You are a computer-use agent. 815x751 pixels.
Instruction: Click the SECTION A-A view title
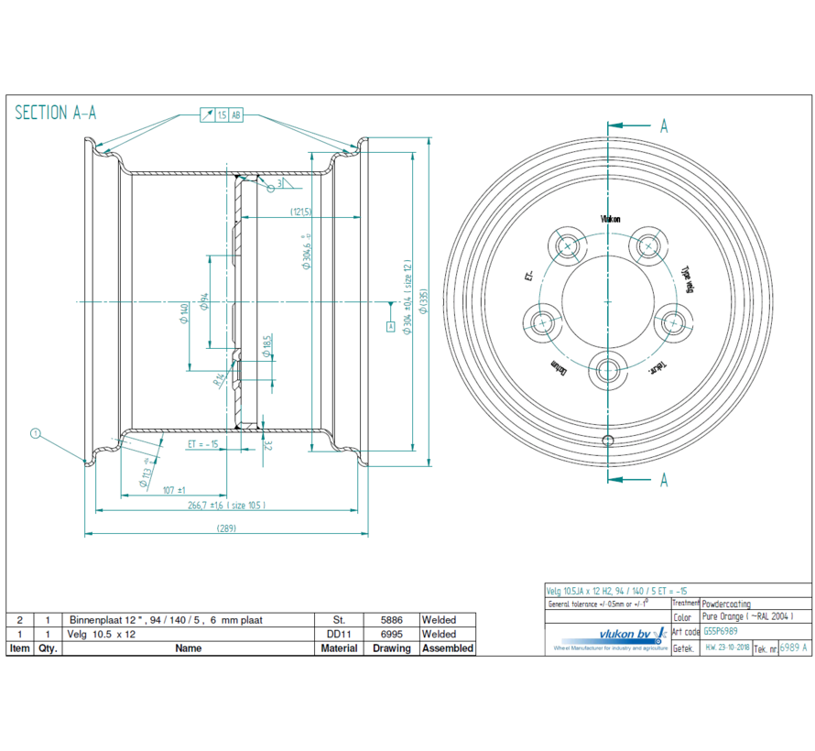pyautogui.click(x=56, y=114)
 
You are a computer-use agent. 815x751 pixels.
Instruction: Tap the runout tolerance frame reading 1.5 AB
pyautogui.click(x=223, y=115)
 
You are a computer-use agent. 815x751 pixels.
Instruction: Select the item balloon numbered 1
pyautogui.click(x=36, y=432)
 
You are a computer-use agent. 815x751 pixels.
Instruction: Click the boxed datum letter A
pyautogui.click(x=391, y=326)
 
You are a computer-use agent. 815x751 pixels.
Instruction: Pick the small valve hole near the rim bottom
pyautogui.click(x=607, y=440)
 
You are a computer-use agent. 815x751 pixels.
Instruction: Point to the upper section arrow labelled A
pyautogui.click(x=663, y=126)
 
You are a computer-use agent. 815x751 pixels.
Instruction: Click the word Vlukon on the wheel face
pyautogui.click(x=610, y=219)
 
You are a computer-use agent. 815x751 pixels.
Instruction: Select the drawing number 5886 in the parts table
pyautogui.click(x=390, y=620)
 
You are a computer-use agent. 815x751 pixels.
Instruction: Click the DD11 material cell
pyautogui.click(x=340, y=634)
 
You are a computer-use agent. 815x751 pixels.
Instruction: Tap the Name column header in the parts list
pyautogui.click(x=188, y=648)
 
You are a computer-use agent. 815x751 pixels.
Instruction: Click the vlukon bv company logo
pyautogui.click(x=608, y=634)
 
